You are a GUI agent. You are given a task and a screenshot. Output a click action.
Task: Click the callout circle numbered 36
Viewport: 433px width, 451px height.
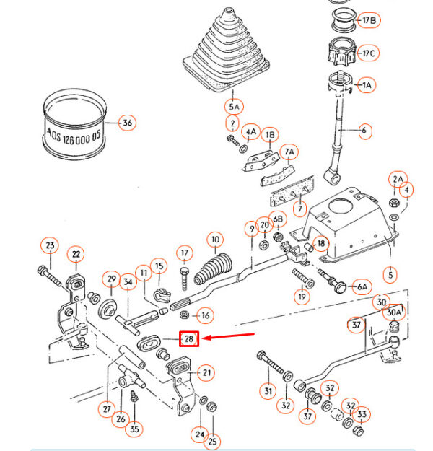coord(128,123)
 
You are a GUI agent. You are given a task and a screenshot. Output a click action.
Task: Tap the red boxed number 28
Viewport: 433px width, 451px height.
coord(188,338)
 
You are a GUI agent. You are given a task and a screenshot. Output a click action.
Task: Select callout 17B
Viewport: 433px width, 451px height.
coord(369,20)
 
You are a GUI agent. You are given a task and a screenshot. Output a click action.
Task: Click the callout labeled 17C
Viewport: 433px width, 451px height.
coord(369,53)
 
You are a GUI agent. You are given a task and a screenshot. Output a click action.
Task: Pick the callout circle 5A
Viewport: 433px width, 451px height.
coord(233,107)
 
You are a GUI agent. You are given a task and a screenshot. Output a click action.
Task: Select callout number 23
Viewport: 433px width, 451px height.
coord(50,246)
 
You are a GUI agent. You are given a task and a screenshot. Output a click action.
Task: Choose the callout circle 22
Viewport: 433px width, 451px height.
coord(76,254)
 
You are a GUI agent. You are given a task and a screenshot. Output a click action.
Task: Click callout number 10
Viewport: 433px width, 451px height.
coord(214,239)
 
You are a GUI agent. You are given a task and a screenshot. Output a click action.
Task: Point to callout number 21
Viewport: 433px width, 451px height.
coord(207,372)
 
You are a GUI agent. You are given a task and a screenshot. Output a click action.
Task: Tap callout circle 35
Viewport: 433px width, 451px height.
coord(134,429)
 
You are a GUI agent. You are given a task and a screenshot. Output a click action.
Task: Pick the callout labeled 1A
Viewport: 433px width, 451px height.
coord(367,85)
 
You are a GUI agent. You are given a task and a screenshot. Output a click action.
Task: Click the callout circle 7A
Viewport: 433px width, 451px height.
coord(289,152)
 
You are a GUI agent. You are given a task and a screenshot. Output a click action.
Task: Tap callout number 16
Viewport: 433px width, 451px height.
coord(206,315)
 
